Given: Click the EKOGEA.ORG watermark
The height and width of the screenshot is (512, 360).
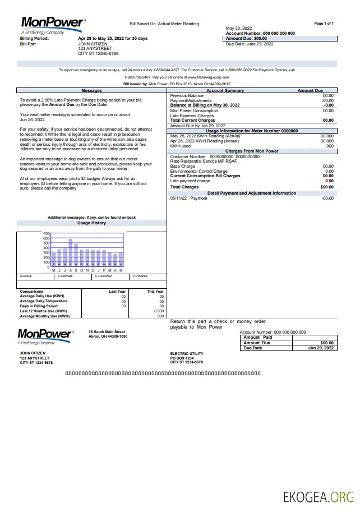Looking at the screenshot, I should point(318,497).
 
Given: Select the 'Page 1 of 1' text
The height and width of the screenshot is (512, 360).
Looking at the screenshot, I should point(324,24).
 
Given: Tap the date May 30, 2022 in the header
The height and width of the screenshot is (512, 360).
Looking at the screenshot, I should point(239,28).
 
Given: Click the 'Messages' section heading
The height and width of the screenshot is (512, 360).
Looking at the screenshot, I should point(91,90).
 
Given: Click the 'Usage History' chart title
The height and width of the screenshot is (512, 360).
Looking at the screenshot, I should point(91,223).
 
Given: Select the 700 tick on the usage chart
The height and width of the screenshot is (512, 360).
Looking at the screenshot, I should point(47,233).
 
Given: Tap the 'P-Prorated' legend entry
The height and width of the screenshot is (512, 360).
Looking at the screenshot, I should point(140,276).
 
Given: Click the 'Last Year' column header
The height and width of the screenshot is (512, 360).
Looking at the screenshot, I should point(117,292).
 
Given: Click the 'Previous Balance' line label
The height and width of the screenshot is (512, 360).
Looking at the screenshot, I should point(187,96).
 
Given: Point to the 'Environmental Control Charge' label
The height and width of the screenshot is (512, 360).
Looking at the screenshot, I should point(199,171).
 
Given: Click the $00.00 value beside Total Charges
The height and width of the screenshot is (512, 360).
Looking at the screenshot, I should point(327,187).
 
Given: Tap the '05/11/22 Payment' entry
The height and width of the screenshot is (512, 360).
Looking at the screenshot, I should point(188,198).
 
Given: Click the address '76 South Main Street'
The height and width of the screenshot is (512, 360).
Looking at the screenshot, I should point(107,331).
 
